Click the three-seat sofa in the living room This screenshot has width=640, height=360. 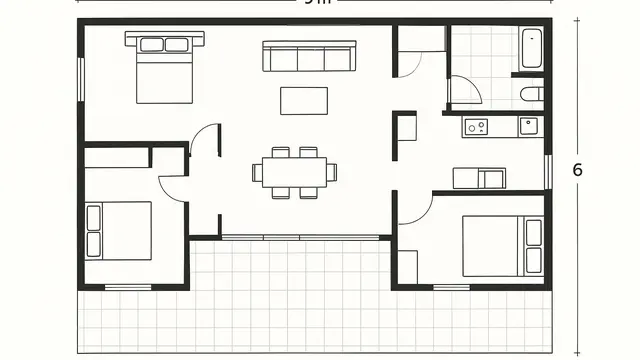[x=309, y=57]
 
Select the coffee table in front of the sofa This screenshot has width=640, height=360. [x=304, y=100]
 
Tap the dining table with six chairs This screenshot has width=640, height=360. [x=294, y=172]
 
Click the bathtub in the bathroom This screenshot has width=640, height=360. [x=530, y=47]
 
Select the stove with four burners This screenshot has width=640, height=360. [x=475, y=126]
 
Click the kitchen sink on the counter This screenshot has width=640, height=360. [x=528, y=126]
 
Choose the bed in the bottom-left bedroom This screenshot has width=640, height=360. [x=119, y=231]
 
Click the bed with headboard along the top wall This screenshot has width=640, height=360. [x=164, y=68]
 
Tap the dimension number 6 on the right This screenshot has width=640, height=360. [x=577, y=170]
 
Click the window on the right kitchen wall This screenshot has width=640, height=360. [x=546, y=170]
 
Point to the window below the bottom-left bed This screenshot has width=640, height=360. [x=128, y=287]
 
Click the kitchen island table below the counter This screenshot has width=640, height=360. [x=479, y=178]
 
